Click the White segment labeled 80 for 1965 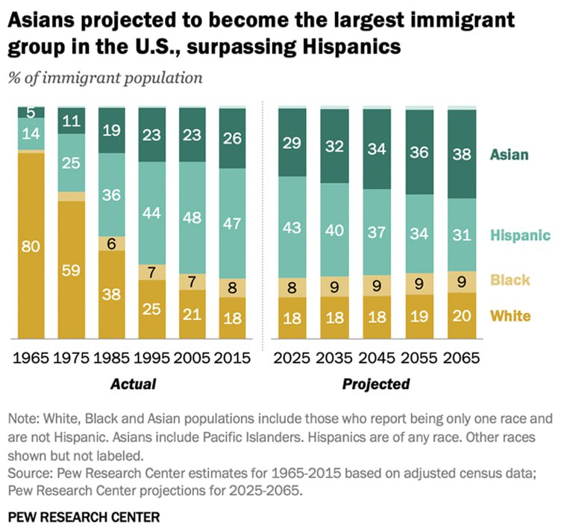31,243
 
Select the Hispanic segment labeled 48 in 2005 192,225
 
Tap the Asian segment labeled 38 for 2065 463,155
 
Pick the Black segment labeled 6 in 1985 112,243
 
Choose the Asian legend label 510,155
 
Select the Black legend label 510,280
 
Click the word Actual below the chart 133,385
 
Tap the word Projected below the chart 376,385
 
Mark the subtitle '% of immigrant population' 105,77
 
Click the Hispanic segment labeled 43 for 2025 292,227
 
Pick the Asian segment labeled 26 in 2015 233,138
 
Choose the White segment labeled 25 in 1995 152,308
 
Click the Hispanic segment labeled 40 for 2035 335,230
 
